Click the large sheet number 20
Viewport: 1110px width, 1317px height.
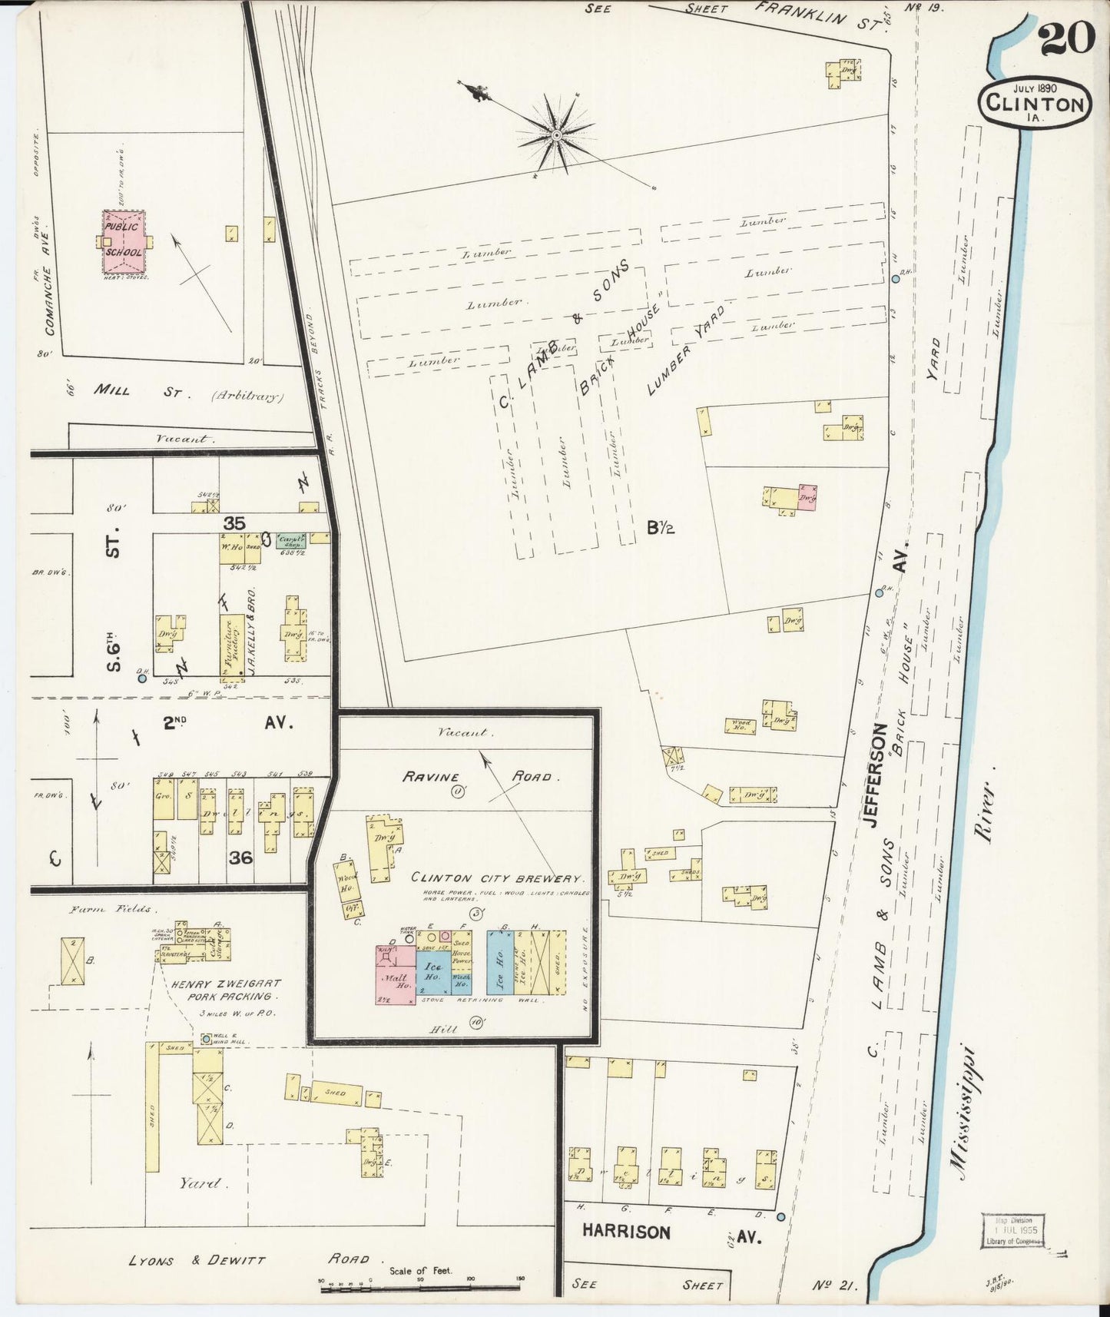1068,38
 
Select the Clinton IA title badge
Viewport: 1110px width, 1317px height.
1035,102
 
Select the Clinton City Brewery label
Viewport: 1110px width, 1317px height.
498,877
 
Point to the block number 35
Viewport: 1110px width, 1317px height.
234,522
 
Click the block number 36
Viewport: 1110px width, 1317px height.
240,858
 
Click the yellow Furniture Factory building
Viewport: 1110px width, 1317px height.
232,648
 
